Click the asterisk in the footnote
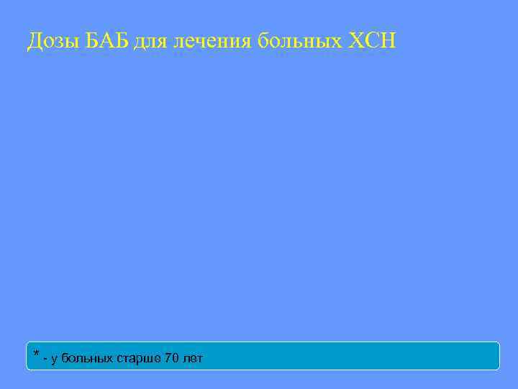coord(36,354)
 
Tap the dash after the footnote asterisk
coord(45,358)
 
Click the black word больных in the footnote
coord(86,358)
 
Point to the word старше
coord(139,359)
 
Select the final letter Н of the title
coord(386,41)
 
